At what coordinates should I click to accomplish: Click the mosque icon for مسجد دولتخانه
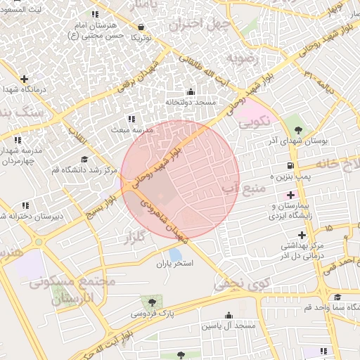tap(191, 91)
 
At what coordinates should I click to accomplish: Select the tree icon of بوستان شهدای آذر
tap(299, 129)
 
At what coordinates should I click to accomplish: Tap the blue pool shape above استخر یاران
tap(175, 255)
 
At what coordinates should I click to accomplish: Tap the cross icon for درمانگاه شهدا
tap(25, 79)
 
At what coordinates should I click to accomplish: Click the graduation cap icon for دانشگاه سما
tap(337, 297)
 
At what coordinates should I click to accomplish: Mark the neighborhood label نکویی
tap(254, 122)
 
